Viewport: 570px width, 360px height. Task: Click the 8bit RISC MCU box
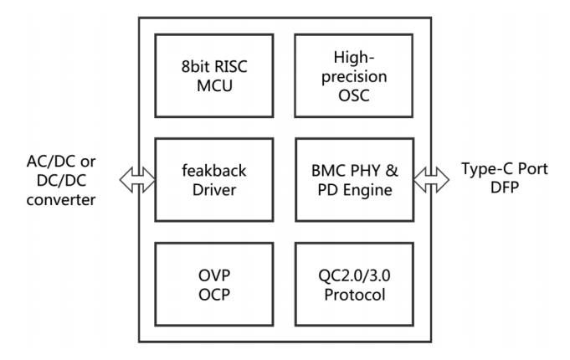coord(209,75)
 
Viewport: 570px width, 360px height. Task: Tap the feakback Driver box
coord(209,180)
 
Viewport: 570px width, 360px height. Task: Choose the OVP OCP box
coord(209,285)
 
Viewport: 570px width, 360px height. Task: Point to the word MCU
coord(209,86)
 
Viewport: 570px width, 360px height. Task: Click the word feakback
coord(209,170)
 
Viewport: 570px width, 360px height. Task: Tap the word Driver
coord(209,192)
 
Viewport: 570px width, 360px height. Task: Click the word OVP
coord(209,274)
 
